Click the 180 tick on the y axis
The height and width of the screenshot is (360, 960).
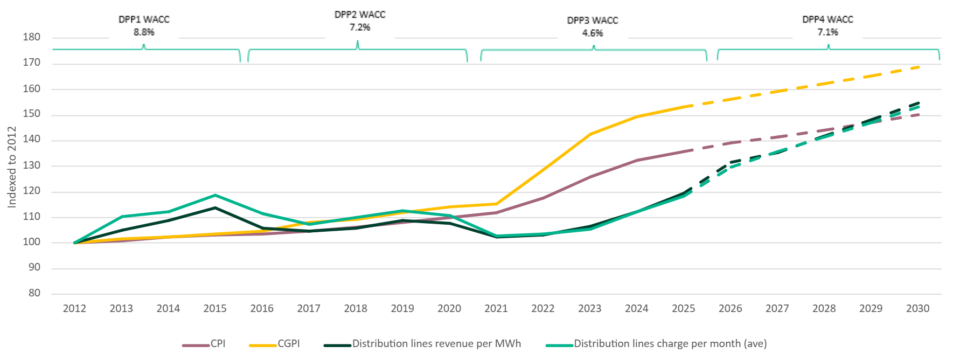coord(31,37)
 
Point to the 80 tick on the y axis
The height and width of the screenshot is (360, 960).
coord(34,293)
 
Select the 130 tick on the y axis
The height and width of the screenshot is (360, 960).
coord(31,165)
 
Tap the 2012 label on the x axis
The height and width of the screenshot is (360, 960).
coord(74,309)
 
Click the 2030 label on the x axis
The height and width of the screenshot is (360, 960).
coord(917,309)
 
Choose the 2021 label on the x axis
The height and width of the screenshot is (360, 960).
coord(496,309)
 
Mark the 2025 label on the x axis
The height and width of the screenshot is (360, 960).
coord(683,309)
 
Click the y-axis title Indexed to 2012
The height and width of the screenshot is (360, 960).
coord(12,167)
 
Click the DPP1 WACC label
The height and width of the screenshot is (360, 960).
coord(144,19)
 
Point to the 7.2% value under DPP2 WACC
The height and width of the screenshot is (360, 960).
coord(360,27)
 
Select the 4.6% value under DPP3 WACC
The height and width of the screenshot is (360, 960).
coord(593,33)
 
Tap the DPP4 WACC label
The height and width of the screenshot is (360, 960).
coord(827,19)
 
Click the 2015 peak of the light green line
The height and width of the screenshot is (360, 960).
coord(215,195)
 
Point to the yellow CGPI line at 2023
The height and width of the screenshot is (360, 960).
coord(590,134)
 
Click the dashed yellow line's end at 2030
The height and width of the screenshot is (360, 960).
coord(918,67)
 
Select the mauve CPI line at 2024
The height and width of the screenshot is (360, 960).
coord(637,160)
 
